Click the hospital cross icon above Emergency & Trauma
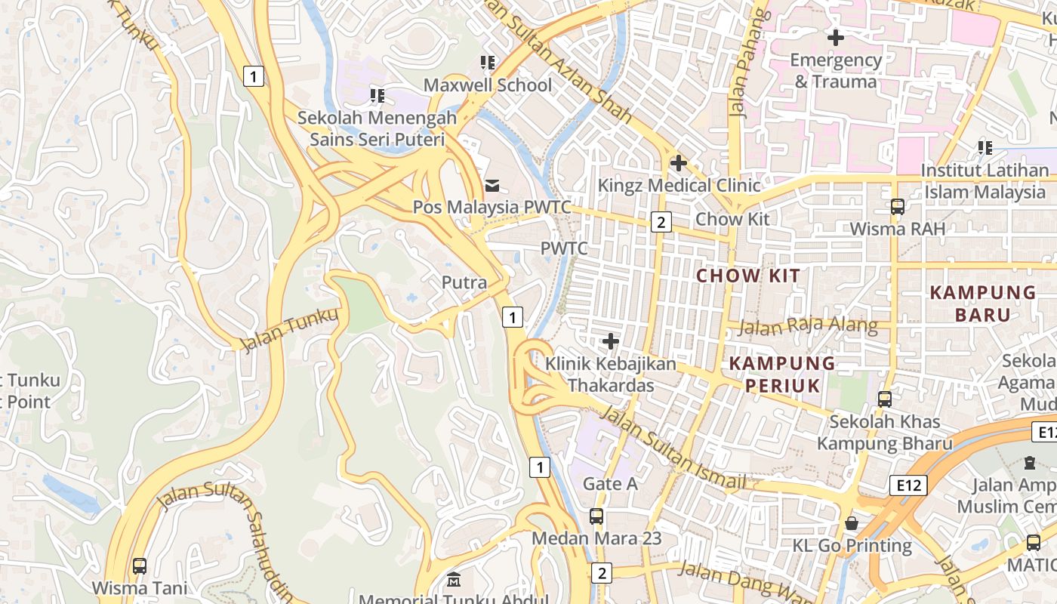[836, 37]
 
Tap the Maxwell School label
[487, 85]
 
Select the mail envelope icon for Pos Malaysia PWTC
[492, 185]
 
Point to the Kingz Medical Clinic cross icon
[678, 162]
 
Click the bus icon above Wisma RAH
[897, 206]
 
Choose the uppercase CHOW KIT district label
[747, 276]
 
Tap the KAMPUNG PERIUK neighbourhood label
[782, 374]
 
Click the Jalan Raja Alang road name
[807, 326]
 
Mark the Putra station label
[464, 282]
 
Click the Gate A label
[610, 484]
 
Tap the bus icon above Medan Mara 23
[596, 516]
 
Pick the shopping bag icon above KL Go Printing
[852, 522]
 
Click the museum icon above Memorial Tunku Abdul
[454, 580]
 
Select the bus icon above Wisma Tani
[140, 565]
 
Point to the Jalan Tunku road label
[289, 330]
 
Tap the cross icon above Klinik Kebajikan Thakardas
[611, 342]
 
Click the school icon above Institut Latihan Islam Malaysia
[985, 147]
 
